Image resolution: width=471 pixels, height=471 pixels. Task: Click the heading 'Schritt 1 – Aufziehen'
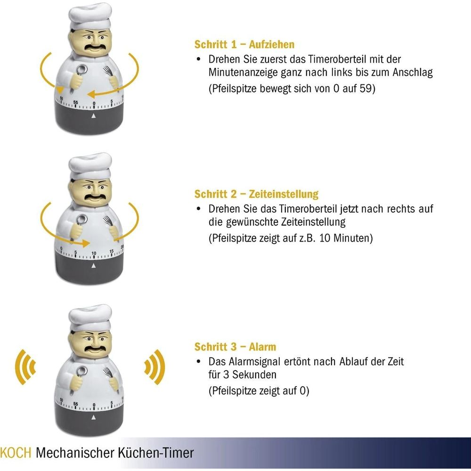(x=244, y=44)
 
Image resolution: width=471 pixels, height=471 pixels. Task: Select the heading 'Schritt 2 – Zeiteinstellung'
(x=256, y=194)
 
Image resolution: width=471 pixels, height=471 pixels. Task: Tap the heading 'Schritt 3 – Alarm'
(x=235, y=347)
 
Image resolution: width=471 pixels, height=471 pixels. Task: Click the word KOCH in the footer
(x=16, y=452)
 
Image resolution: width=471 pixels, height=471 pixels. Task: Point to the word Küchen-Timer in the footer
(x=155, y=452)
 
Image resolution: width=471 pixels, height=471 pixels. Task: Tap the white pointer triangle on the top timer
(x=93, y=116)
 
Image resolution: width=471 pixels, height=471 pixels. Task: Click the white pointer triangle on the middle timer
(x=93, y=266)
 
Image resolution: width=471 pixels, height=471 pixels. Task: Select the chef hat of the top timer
(x=90, y=16)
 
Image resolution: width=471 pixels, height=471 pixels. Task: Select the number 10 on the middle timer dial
(x=94, y=253)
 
